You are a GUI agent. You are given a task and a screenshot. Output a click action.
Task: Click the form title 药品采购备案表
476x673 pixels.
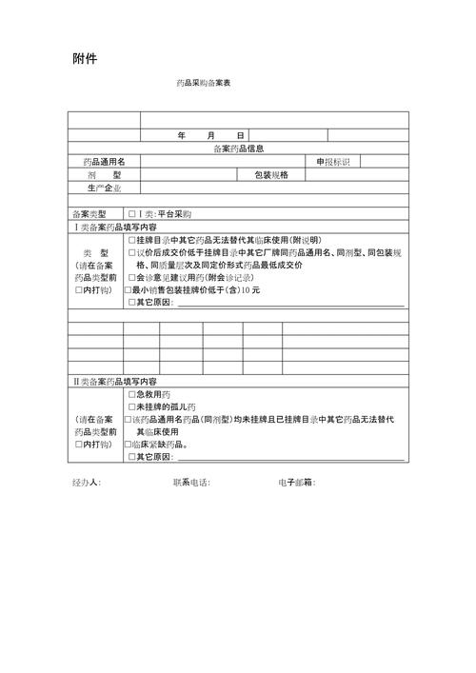pyautogui.click(x=203, y=84)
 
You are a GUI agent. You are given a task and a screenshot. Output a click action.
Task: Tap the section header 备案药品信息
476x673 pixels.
pyautogui.click(x=238, y=148)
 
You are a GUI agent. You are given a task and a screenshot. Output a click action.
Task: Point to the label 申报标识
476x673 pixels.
pyautogui.click(x=334, y=162)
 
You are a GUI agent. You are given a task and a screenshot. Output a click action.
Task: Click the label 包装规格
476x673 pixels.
pyautogui.click(x=271, y=175)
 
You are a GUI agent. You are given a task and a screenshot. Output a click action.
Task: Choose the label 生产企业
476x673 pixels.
pyautogui.click(x=104, y=188)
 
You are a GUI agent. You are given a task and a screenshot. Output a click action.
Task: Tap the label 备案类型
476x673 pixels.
pyautogui.click(x=90, y=214)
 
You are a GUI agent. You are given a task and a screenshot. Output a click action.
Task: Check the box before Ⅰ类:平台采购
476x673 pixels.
pyautogui.click(x=131, y=214)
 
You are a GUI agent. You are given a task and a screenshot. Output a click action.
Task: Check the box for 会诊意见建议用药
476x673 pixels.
pyautogui.click(x=131, y=277)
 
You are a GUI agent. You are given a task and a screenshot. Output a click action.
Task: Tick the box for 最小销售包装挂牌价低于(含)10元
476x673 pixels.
pyautogui.click(x=129, y=289)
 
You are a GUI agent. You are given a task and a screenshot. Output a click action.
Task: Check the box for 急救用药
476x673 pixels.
pyautogui.click(x=131, y=394)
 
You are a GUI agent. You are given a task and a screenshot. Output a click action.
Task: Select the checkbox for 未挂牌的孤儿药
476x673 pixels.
pyautogui.click(x=131, y=406)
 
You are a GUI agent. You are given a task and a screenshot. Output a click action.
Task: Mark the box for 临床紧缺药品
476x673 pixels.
pyautogui.click(x=129, y=444)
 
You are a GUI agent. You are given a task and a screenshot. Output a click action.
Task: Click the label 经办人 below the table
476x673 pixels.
pyautogui.click(x=87, y=482)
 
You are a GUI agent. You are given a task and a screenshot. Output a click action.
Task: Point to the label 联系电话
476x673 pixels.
pyautogui.click(x=191, y=482)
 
